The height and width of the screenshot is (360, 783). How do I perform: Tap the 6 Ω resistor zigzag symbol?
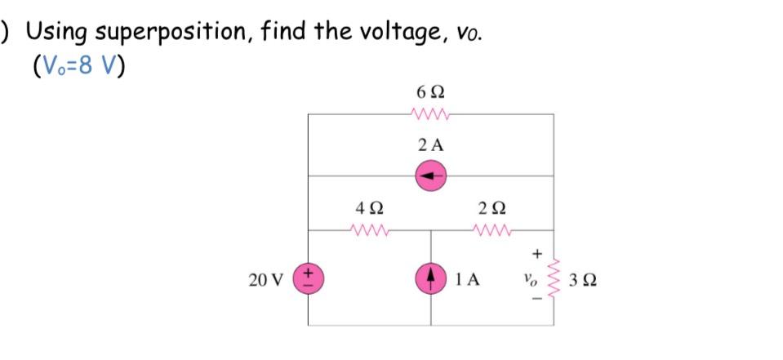pos(430,115)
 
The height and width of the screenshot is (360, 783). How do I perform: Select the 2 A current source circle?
pos(430,176)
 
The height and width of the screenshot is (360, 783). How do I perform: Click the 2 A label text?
pos(430,146)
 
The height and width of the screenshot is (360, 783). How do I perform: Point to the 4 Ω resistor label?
pos(369,207)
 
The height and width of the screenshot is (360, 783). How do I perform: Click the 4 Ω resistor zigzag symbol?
pos(369,231)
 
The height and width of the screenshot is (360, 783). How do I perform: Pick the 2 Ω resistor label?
pos(492,207)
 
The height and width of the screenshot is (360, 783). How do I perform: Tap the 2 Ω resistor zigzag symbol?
pos(492,231)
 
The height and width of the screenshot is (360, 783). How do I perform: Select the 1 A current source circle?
pos(430,278)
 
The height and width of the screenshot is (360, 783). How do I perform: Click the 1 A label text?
pos(468,280)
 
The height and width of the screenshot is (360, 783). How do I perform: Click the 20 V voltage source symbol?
pos(308,278)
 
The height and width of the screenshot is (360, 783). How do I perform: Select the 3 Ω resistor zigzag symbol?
pos(554,278)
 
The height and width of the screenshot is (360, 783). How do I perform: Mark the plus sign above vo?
pos(536,253)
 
